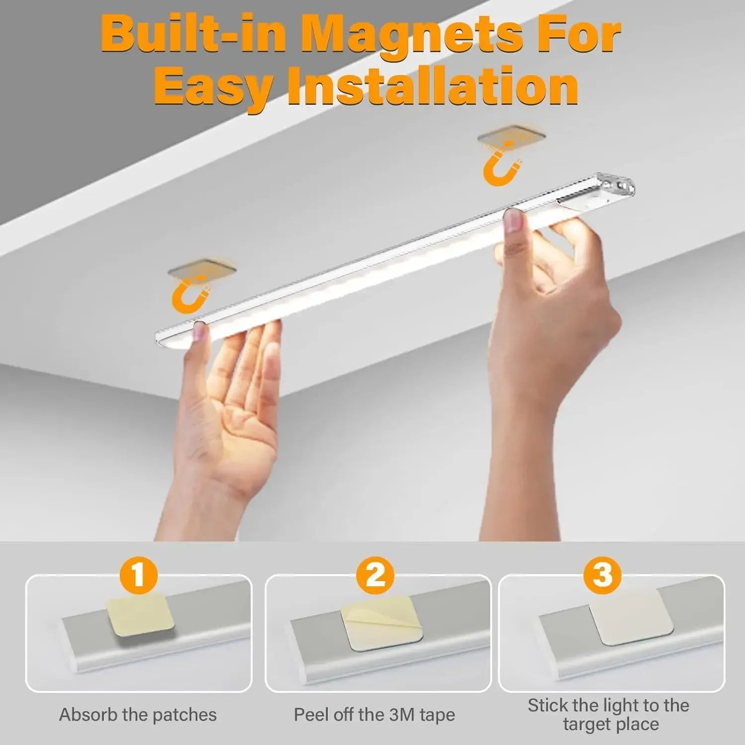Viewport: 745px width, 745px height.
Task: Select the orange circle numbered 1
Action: tap(139, 577)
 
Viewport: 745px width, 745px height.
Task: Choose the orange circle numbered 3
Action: tap(602, 577)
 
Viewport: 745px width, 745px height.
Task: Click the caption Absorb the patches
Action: tap(138, 715)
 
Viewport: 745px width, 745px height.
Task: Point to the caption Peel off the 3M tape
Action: tap(374, 715)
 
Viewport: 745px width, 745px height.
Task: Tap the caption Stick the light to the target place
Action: tap(608, 714)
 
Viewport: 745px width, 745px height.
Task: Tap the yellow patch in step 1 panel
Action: tap(141, 616)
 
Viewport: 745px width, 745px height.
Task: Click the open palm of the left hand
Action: tap(238, 422)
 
